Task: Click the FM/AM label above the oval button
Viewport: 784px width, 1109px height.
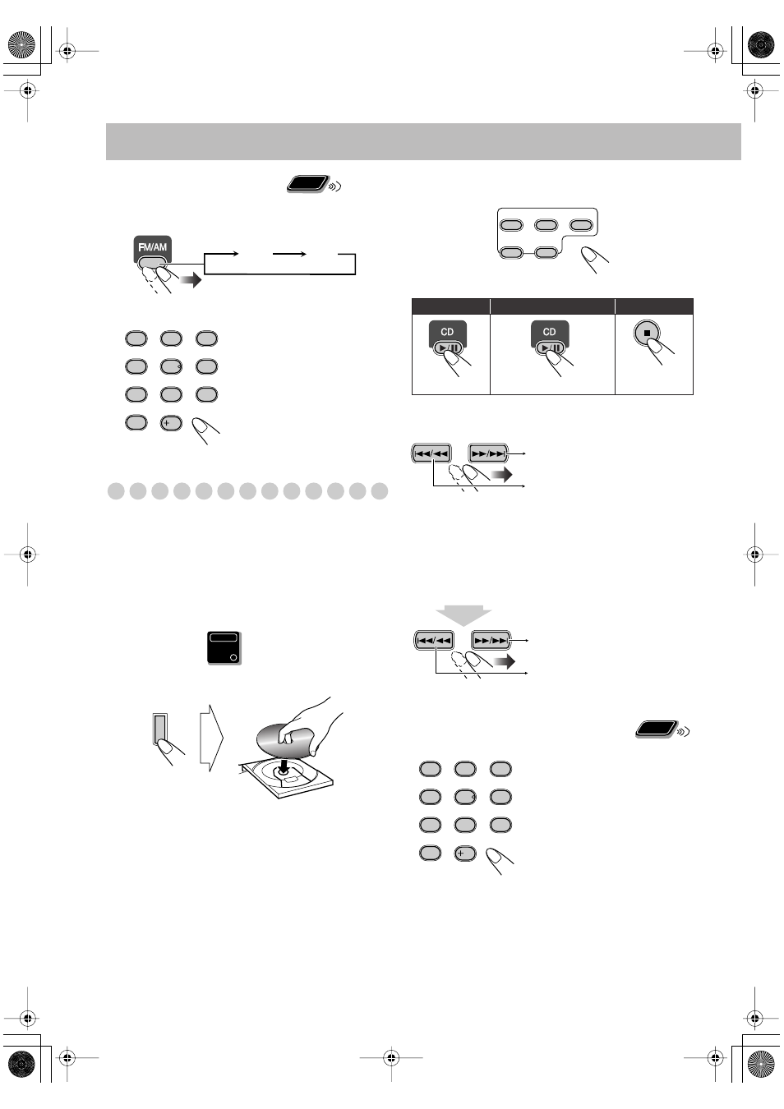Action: [152, 246]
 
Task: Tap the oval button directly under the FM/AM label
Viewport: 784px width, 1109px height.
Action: [152, 263]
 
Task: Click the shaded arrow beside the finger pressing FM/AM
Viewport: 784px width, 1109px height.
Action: [191, 281]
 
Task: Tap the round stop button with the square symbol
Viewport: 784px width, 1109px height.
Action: [647, 334]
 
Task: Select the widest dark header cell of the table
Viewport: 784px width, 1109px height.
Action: [552, 306]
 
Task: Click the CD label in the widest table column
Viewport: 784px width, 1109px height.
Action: [549, 332]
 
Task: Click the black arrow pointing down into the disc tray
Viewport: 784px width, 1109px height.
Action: [284, 766]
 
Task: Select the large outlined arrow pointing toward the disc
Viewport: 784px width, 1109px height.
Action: [211, 737]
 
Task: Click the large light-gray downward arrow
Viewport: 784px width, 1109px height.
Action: [463, 614]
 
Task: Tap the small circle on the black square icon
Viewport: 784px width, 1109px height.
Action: [233, 657]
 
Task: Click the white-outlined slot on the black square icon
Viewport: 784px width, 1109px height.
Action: [224, 637]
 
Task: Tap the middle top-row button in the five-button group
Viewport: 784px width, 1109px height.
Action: [546, 225]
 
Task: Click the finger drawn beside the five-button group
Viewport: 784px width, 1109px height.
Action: [593, 259]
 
